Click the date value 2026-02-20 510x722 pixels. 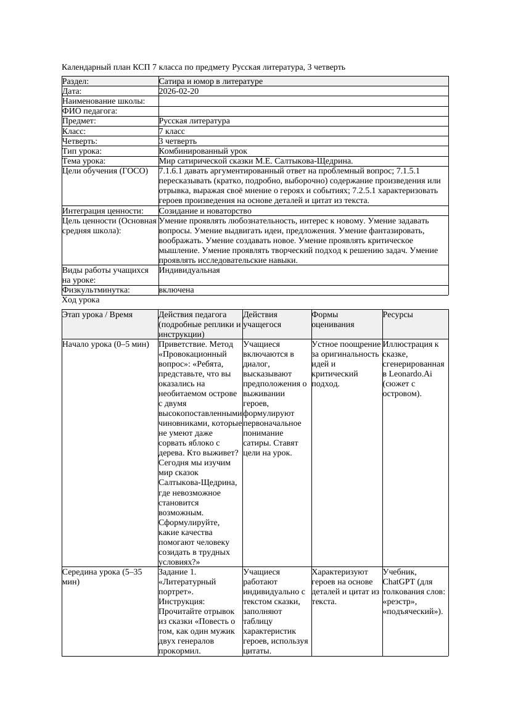(x=178, y=91)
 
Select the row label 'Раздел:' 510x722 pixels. (x=76, y=81)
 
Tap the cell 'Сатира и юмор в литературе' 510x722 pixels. (x=210, y=81)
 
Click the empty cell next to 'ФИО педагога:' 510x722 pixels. (x=302, y=111)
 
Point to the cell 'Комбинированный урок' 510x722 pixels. (x=202, y=151)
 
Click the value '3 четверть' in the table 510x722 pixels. (x=177, y=141)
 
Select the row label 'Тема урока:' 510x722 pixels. (x=84, y=161)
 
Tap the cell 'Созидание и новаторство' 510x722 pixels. (x=205, y=211)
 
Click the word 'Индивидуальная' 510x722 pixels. (x=189, y=270)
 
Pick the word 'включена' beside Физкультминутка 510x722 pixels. (x=176, y=290)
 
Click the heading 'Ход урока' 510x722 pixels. (x=81, y=300)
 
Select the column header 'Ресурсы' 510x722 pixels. (x=398, y=315)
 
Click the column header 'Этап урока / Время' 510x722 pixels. (x=97, y=315)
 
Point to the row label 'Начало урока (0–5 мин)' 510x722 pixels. (x=105, y=344)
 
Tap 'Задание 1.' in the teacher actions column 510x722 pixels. (x=177, y=572)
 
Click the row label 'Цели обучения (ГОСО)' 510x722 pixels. (x=105, y=171)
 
